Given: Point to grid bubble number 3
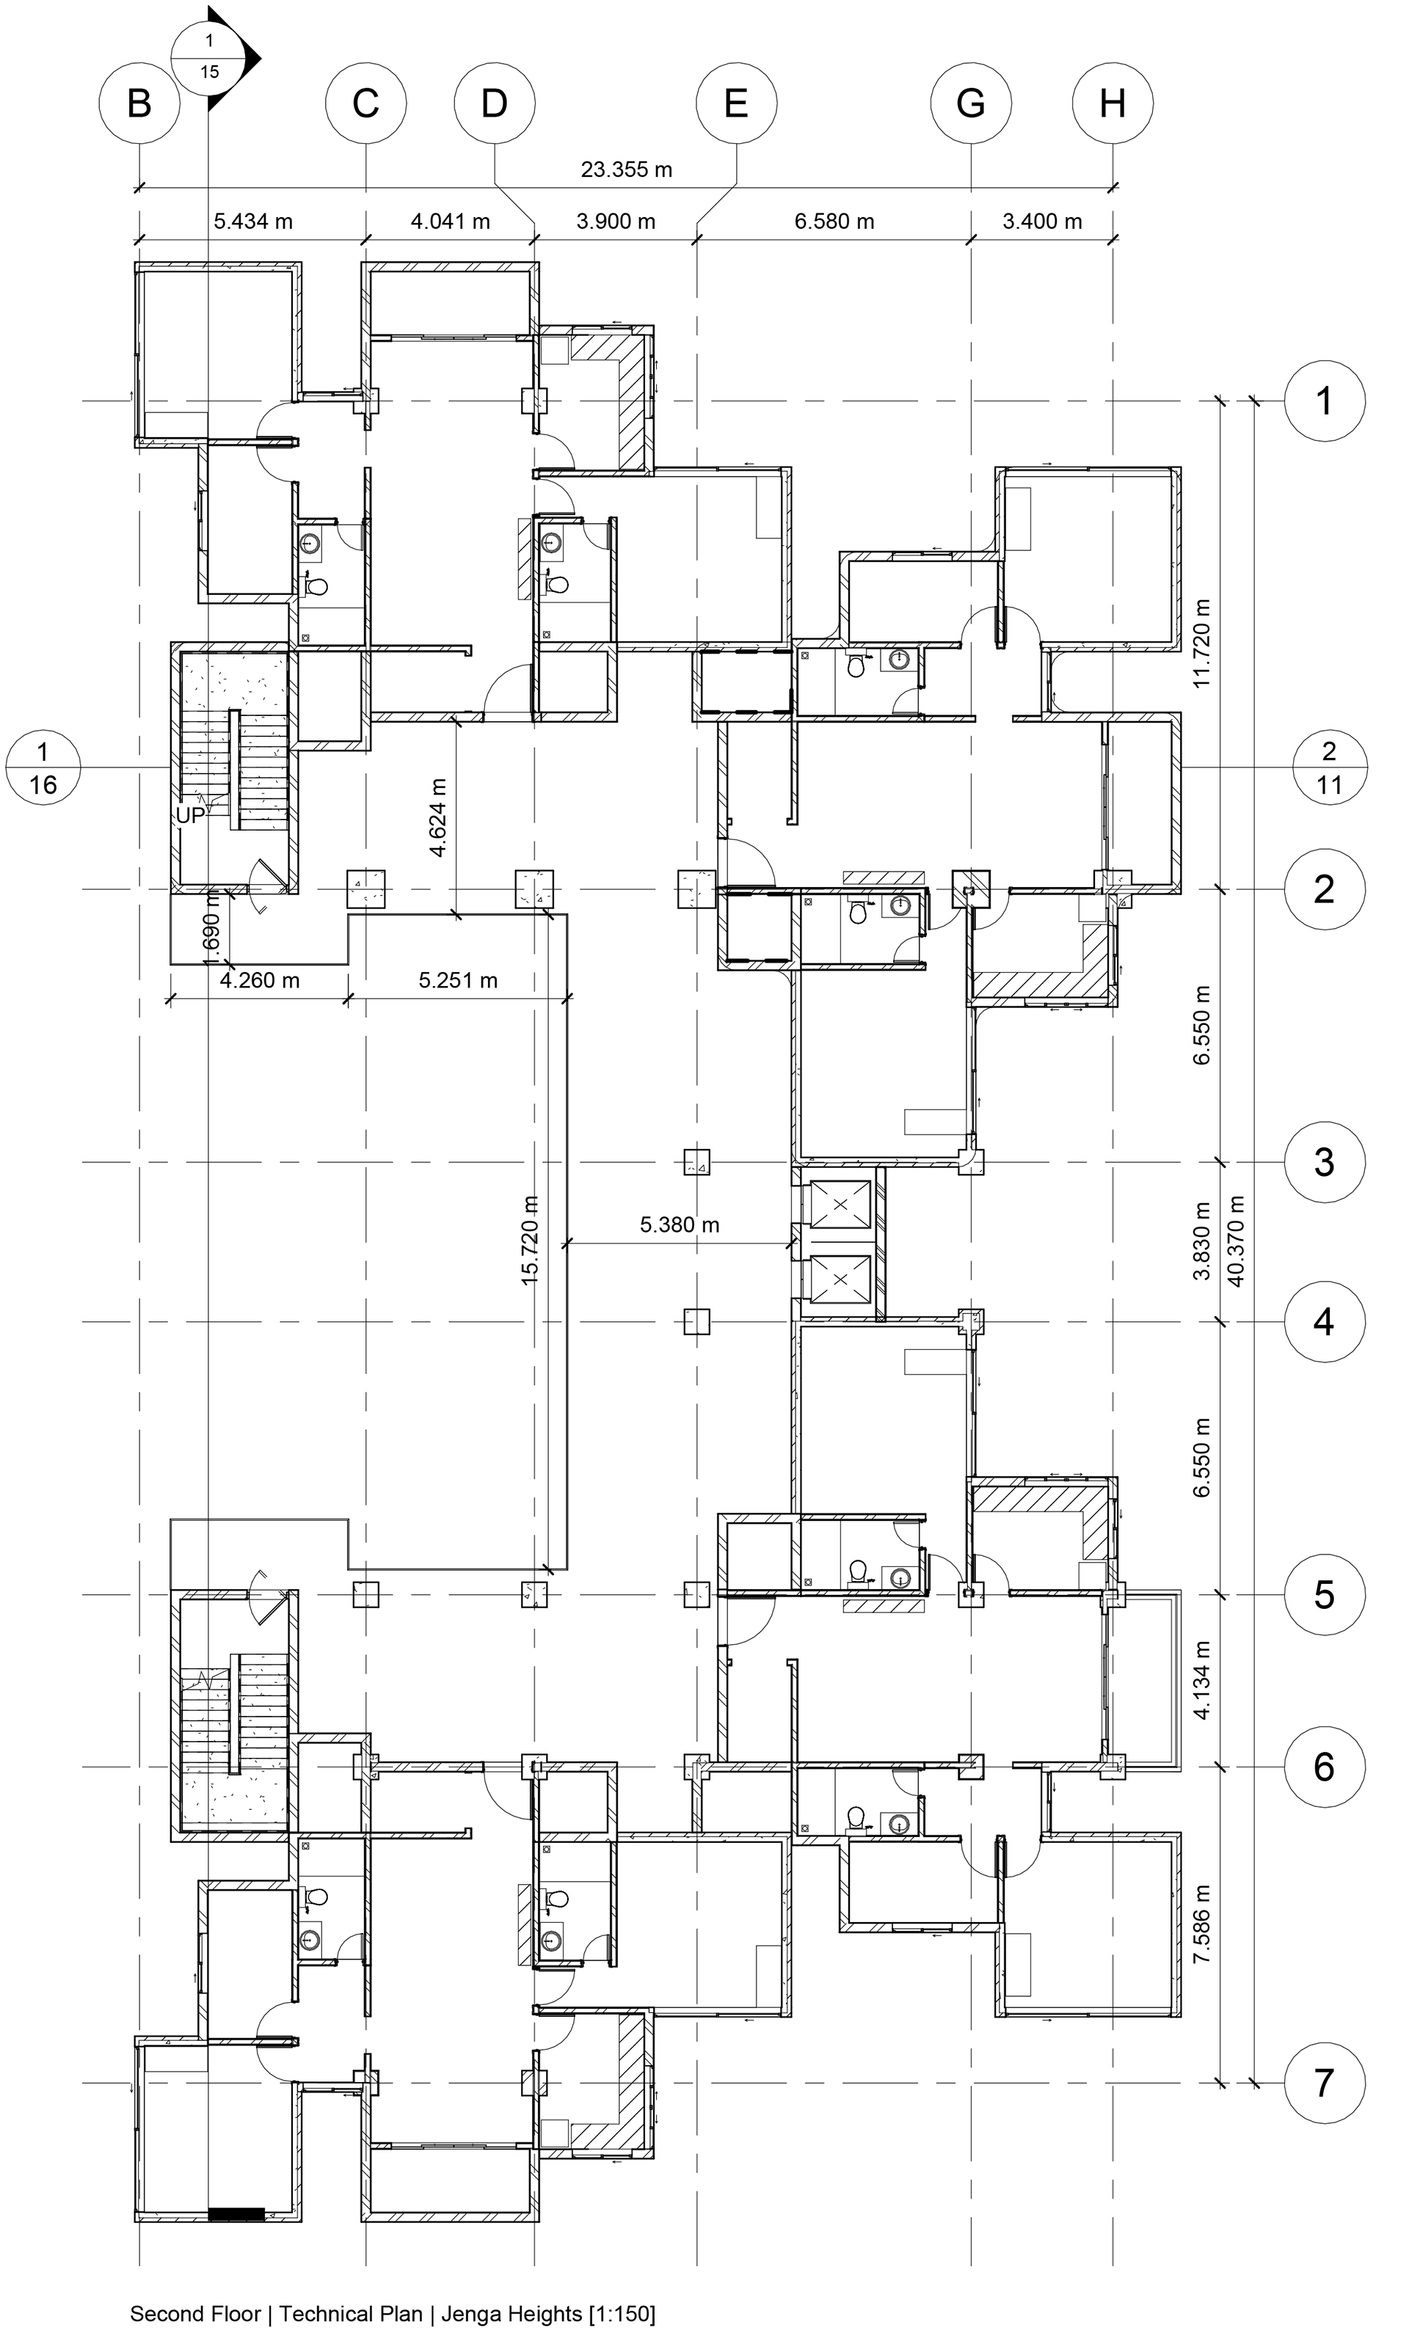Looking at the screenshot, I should click(1324, 1162).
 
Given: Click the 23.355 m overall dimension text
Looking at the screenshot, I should click(626, 169).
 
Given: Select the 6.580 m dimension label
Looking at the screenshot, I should click(833, 222).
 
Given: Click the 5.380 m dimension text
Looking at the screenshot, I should click(679, 1224).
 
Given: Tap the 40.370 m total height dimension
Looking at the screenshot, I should click(1235, 1241).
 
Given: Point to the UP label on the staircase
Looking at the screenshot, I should click(189, 815).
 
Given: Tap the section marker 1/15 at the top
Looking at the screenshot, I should click(210, 56).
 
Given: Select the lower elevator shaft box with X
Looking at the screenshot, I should click(836, 1279).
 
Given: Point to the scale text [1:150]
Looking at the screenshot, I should click(621, 2313).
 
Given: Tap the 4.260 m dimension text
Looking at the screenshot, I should click(260, 980).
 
